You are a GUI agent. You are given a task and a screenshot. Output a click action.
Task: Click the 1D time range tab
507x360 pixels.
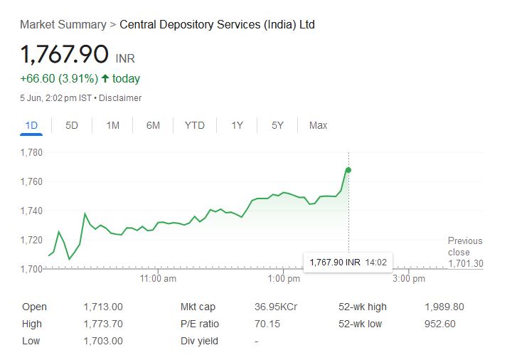click(x=31, y=125)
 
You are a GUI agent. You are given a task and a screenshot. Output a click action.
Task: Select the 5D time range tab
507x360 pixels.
click(x=72, y=125)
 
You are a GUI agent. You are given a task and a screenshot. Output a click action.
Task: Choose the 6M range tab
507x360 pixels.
click(x=153, y=125)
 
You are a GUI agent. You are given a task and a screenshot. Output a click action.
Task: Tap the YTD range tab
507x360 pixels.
click(x=194, y=125)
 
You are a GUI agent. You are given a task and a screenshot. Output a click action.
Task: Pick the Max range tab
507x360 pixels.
click(x=318, y=125)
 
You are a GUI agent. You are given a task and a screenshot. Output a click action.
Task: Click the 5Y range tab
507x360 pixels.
click(x=277, y=125)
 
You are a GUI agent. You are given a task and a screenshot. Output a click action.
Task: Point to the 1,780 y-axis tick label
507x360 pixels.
click(x=32, y=152)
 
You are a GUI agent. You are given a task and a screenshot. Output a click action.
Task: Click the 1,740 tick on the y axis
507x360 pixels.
click(x=32, y=211)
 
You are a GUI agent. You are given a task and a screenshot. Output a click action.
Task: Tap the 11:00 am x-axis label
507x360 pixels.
click(x=159, y=279)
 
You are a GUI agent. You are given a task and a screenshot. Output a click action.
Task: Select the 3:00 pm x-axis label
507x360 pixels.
click(x=409, y=279)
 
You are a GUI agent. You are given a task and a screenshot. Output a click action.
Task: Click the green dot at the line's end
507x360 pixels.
click(x=348, y=169)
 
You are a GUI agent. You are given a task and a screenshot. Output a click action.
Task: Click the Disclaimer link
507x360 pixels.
click(x=120, y=98)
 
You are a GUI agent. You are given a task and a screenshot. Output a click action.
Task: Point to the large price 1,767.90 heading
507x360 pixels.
click(x=65, y=55)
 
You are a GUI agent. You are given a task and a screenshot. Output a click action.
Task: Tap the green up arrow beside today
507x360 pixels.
click(x=105, y=79)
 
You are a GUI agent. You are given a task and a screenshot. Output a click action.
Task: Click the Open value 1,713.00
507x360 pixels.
click(x=102, y=307)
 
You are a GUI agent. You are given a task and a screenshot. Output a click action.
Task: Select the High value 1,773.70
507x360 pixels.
click(x=102, y=324)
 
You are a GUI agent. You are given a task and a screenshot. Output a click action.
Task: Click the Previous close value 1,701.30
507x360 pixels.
click(x=466, y=264)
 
